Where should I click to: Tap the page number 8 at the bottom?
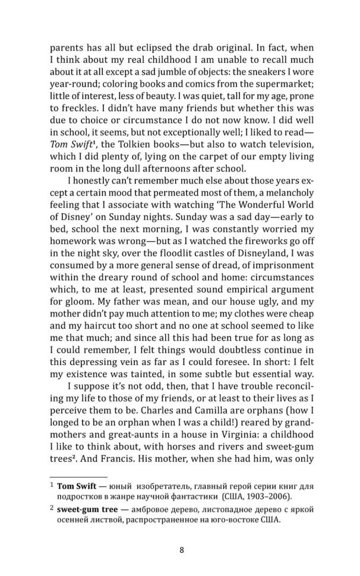[x=181, y=549]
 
